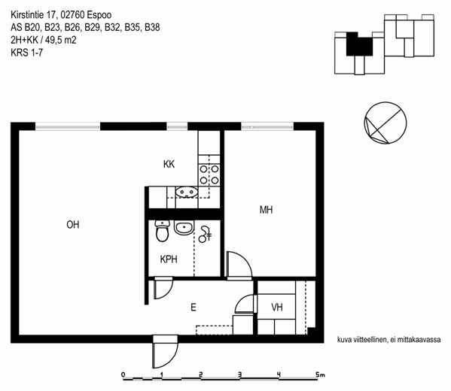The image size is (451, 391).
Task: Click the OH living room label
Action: (x=73, y=224)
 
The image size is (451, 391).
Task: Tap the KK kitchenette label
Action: (x=169, y=164)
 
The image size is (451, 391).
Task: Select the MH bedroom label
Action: (x=266, y=210)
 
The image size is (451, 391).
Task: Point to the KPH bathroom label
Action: (x=169, y=259)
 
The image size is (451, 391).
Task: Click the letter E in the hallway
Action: (x=194, y=308)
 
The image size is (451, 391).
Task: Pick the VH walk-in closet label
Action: (x=277, y=308)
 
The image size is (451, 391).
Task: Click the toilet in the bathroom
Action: (x=162, y=231)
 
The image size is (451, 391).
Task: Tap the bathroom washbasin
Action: (x=184, y=229)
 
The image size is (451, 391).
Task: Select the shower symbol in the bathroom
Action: (x=205, y=234)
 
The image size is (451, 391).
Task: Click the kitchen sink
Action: (x=187, y=192)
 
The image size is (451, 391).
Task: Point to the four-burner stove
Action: (x=209, y=174)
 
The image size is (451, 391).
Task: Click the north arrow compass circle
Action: (x=385, y=123)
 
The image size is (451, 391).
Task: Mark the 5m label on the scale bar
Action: (x=320, y=374)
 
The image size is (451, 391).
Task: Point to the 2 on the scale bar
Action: (x=201, y=374)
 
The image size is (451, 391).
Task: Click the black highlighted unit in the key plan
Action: (x=359, y=45)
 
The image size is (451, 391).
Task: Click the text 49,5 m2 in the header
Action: (x=61, y=40)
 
